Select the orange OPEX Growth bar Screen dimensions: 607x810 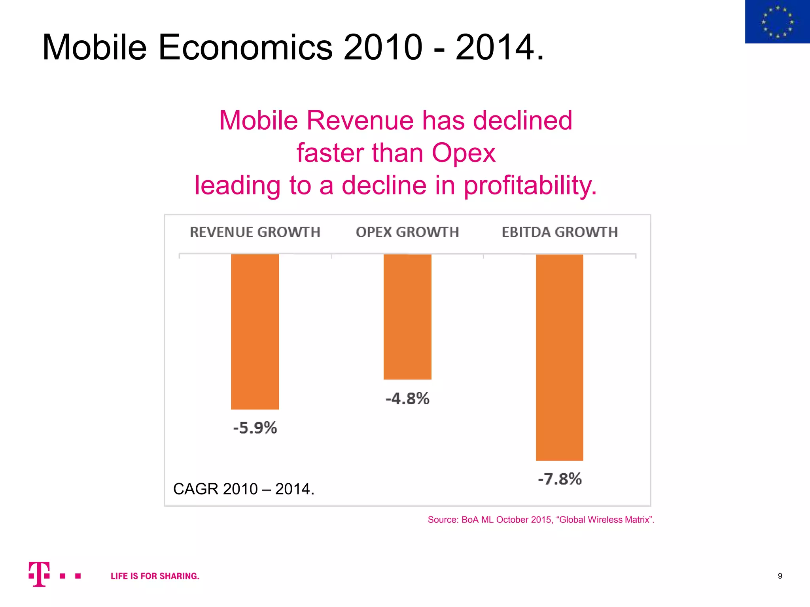pyautogui.click(x=407, y=317)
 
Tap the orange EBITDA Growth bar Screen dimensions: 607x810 pyautogui.click(x=559, y=357)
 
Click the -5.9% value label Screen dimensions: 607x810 pyautogui.click(x=255, y=428)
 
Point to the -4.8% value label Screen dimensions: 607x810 pyautogui.click(x=407, y=398)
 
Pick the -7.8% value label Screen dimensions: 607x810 pyautogui.click(x=560, y=479)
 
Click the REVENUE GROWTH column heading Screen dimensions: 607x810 pyautogui.click(x=255, y=232)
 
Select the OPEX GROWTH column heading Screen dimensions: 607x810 pyautogui.click(x=407, y=232)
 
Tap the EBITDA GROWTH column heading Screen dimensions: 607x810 pyautogui.click(x=560, y=232)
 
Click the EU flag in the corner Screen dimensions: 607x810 pyautogui.click(x=777, y=22)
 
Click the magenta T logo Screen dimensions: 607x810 pyautogui.click(x=39, y=574)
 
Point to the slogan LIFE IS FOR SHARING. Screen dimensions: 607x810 pyautogui.click(x=155, y=576)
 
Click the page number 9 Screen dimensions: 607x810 pyautogui.click(x=780, y=576)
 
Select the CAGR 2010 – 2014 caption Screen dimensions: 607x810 pyautogui.click(x=244, y=489)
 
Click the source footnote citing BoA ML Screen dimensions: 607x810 pyautogui.click(x=541, y=520)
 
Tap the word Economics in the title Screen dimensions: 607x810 pyautogui.click(x=245, y=47)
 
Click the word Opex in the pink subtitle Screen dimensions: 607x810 pyautogui.click(x=463, y=153)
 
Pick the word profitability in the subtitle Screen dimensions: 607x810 pyautogui.click(x=530, y=185)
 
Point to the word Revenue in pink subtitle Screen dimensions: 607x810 pyautogui.click(x=360, y=121)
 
